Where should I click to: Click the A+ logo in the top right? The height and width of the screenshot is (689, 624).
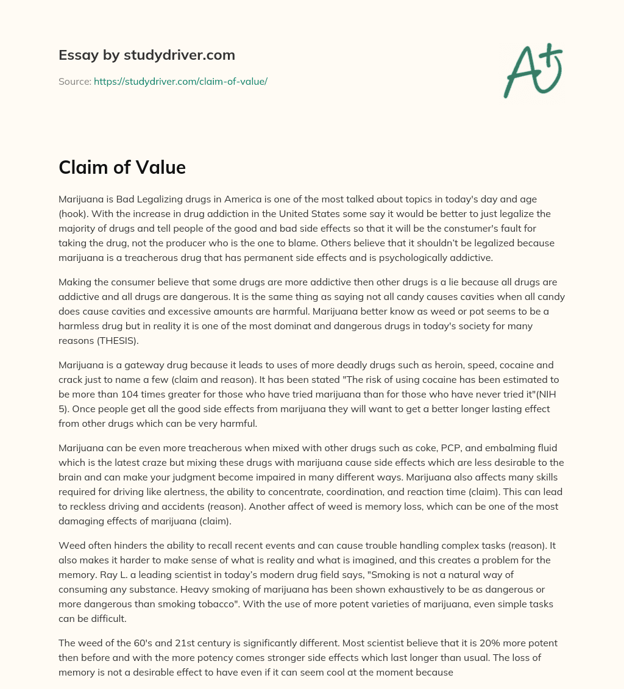pyautogui.click(x=532, y=70)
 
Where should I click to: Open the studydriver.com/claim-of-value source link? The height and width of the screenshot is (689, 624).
pyautogui.click(x=180, y=81)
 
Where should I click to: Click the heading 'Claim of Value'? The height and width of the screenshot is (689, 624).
pyautogui.click(x=122, y=167)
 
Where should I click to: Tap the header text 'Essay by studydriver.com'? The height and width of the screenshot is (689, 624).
pyautogui.click(x=146, y=55)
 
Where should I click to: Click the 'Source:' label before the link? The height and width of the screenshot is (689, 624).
pyautogui.click(x=74, y=81)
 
